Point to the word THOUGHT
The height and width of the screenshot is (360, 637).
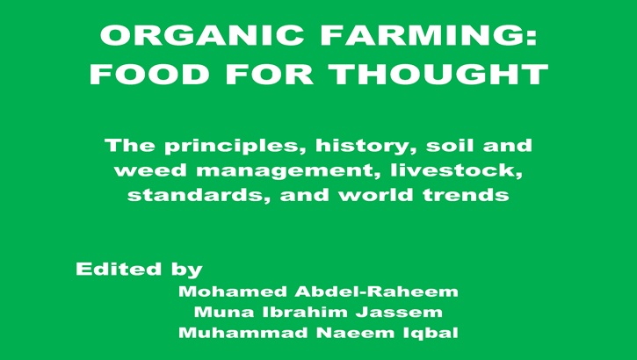pyautogui.click(x=438, y=74)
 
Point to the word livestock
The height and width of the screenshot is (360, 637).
pyautogui.click(x=456, y=170)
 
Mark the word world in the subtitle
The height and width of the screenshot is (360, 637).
pyautogui.click(x=377, y=195)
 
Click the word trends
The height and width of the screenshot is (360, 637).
pyautogui.click(x=466, y=195)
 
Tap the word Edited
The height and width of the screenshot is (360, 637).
pyautogui.click(x=119, y=269)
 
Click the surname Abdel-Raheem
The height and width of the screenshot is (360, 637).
pyautogui.click(x=377, y=292)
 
